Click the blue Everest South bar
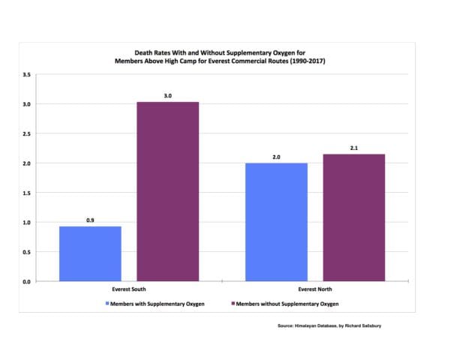point(90,253)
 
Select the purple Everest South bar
point(167,191)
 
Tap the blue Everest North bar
point(277,222)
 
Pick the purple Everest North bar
point(353,217)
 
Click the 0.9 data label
point(90,220)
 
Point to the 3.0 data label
point(167,96)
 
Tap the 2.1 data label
point(353,148)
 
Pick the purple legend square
point(233,304)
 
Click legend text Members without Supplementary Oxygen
point(287,304)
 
